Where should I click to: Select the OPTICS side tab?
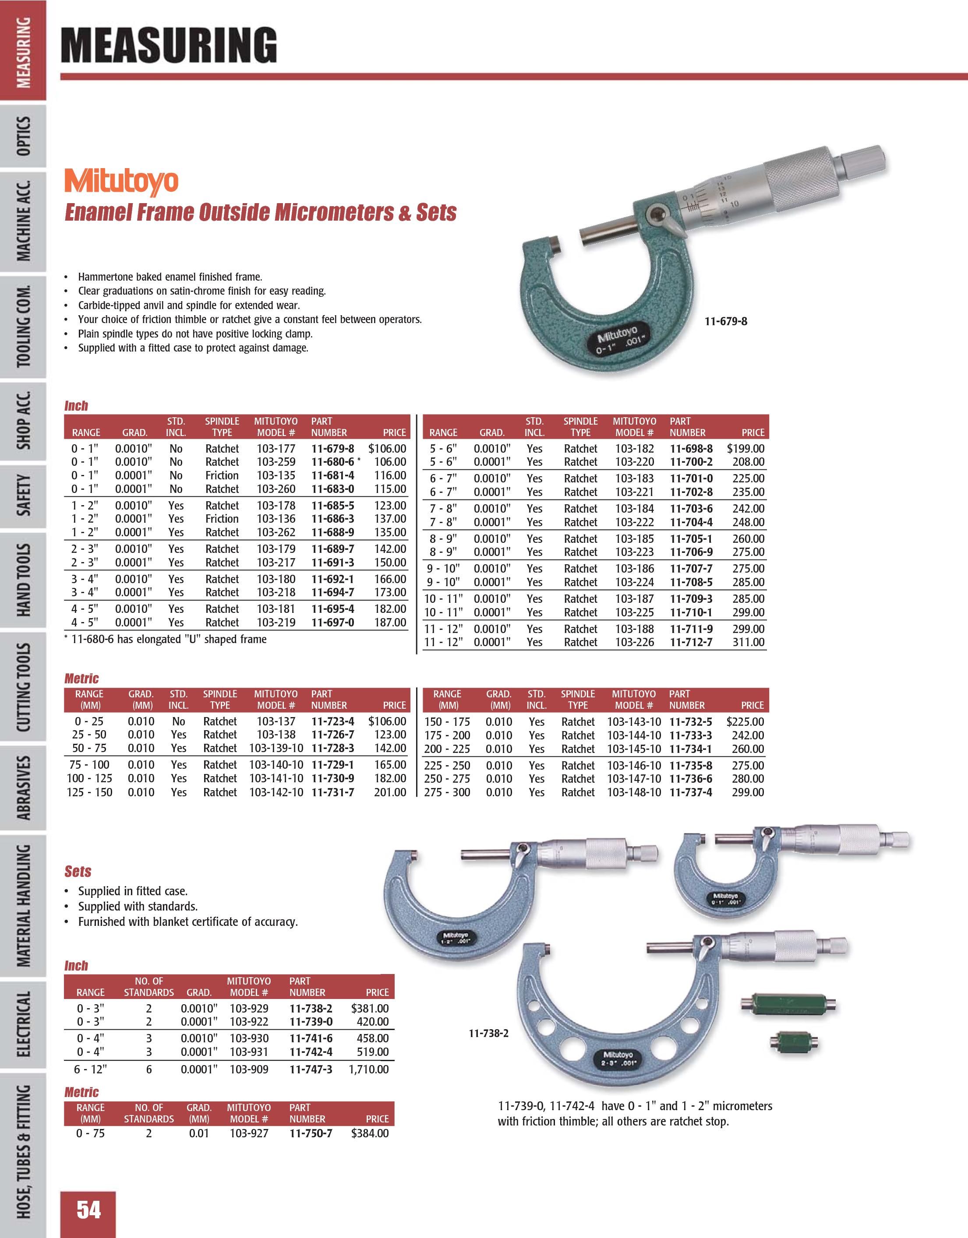(24, 136)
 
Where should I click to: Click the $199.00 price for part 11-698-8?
(745, 448)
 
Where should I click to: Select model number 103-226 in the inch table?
(635, 642)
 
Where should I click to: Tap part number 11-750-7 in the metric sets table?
(311, 1133)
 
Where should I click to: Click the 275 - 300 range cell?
(447, 792)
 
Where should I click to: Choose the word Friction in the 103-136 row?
(222, 519)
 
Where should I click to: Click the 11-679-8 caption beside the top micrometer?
(726, 321)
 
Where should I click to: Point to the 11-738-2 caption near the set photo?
(488, 1034)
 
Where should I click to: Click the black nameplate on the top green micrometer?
(616, 340)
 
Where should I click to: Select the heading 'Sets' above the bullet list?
(78, 871)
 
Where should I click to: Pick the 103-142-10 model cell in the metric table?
(276, 792)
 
